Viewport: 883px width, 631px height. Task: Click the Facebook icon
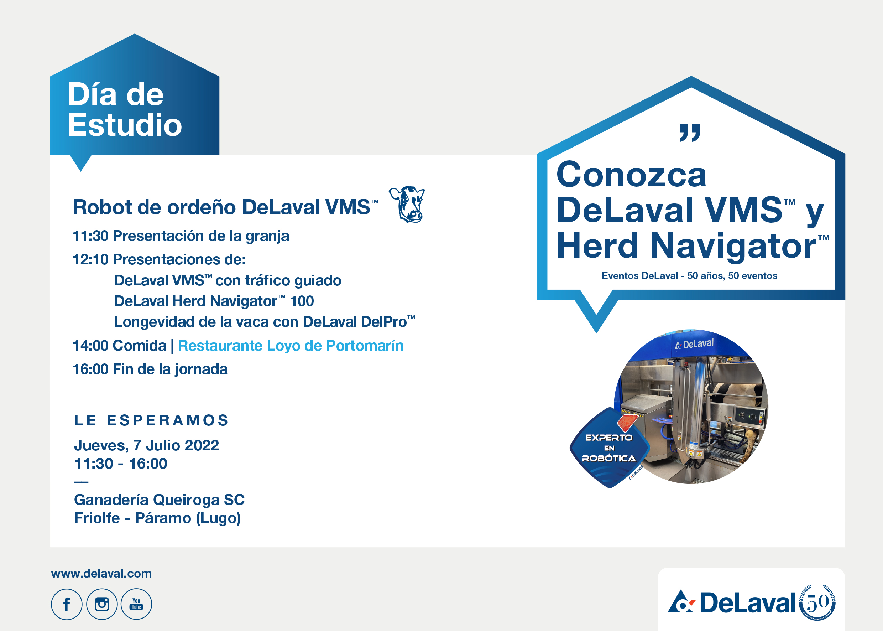click(x=66, y=604)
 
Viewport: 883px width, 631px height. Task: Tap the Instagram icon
click(x=102, y=604)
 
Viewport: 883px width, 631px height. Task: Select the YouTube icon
click(x=136, y=604)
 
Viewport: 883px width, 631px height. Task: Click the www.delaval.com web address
click(x=101, y=574)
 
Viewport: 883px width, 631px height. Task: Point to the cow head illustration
click(x=407, y=205)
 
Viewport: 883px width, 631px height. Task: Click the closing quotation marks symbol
click(x=690, y=133)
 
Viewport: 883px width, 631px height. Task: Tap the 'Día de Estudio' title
click(x=124, y=110)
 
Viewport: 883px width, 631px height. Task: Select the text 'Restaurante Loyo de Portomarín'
click(x=291, y=345)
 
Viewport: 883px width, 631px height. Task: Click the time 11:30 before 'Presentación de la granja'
click(x=90, y=236)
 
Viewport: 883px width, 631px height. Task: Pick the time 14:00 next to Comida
click(x=90, y=345)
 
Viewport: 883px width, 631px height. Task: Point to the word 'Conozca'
click(x=631, y=175)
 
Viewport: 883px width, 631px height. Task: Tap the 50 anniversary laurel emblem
click(x=817, y=602)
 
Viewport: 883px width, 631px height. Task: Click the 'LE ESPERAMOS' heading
click(x=151, y=420)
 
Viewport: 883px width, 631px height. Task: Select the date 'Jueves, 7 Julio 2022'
click(x=146, y=445)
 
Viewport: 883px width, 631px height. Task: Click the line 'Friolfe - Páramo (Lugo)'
click(x=157, y=518)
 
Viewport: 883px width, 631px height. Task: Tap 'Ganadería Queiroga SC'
click(x=159, y=500)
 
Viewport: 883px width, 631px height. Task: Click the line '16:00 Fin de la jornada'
click(x=150, y=369)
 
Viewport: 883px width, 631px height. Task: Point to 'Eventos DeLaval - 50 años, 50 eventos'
click(x=689, y=276)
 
